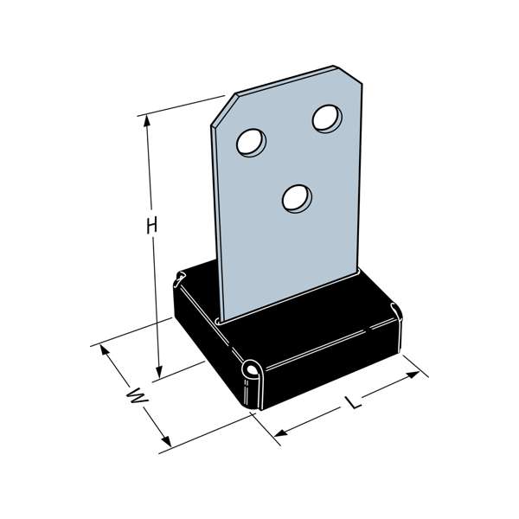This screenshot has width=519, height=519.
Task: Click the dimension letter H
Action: coord(151,226)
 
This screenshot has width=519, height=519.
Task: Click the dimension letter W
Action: coord(138,396)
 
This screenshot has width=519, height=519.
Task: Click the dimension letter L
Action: coord(353,401)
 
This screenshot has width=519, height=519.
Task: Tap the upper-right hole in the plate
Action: coord(327,119)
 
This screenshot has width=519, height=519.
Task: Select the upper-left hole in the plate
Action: coord(251,143)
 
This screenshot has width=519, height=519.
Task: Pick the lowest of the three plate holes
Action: coord(297,199)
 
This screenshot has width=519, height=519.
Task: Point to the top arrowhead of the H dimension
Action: coord(147,120)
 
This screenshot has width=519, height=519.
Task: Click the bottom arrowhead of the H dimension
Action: coord(159,372)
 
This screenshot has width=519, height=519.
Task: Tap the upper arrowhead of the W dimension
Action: coord(105,349)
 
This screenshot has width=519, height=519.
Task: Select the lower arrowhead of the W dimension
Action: coord(166,441)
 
